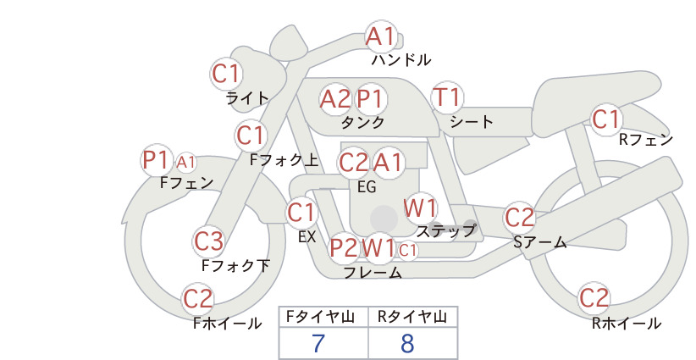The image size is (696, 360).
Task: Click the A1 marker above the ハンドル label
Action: pos(380,36)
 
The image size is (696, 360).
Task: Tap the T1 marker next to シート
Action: pos(447,97)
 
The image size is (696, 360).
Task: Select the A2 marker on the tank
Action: pos(335,99)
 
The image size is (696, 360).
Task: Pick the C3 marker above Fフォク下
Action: pos(208,241)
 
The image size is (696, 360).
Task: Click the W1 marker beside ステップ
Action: pos(420,208)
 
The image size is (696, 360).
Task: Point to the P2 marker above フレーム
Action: pos(344,247)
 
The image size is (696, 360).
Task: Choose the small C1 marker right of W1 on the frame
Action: pos(407,251)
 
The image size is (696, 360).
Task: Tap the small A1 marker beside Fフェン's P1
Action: pos(185,163)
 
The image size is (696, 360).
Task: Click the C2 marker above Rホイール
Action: pos(594,298)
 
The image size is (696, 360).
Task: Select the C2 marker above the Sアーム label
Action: pos(519,218)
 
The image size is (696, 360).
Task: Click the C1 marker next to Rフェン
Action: pos(606,119)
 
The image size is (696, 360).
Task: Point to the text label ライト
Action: pos(247,98)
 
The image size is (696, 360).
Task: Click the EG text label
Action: pos(367,187)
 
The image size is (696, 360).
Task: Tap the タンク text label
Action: pos(362,122)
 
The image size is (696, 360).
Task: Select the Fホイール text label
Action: pos(227,324)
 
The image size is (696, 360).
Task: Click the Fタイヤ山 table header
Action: pos(320,317)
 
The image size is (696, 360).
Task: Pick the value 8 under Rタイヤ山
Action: pos(407,343)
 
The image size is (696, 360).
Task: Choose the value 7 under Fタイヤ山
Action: pos(318,343)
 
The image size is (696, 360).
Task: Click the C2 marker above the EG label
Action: pos(353,163)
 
